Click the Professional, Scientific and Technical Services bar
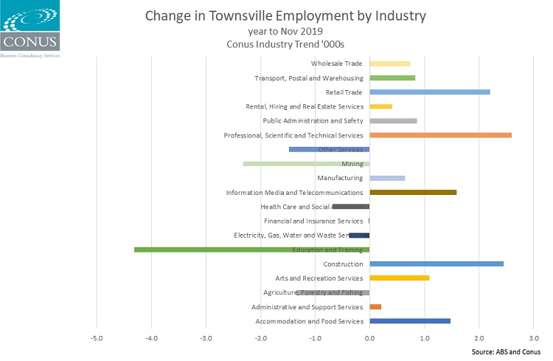(x=440, y=135)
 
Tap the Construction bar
(x=437, y=264)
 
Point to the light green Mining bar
(x=295, y=164)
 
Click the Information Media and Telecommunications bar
(x=413, y=192)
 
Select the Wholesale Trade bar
(x=390, y=64)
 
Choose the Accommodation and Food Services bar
(x=410, y=321)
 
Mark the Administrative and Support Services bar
(x=375, y=306)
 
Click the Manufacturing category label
(x=340, y=178)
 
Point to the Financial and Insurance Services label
(x=313, y=221)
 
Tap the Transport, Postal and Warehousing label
(x=309, y=78)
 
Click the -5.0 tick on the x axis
(x=97, y=338)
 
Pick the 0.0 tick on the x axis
(x=369, y=338)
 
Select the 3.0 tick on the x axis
(x=533, y=338)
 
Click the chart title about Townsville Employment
(x=286, y=16)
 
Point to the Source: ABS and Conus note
(x=506, y=351)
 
